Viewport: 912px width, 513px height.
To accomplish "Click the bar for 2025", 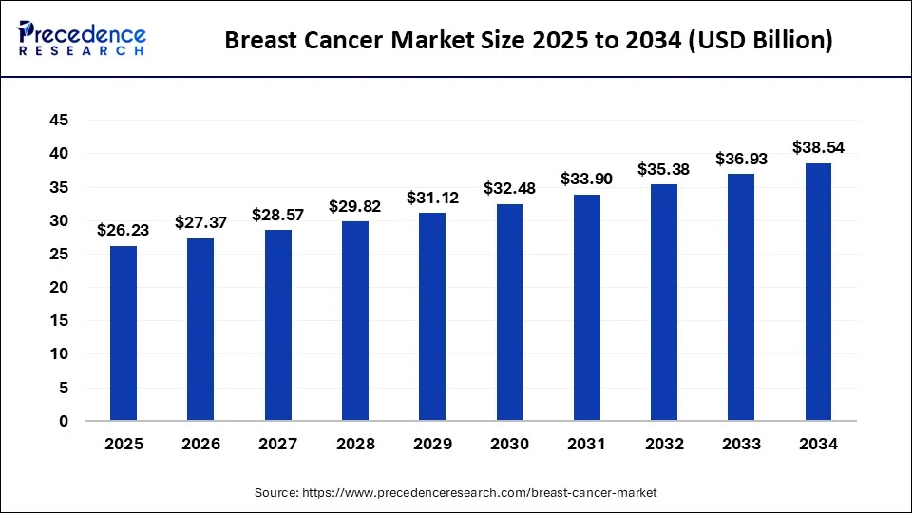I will (123, 332).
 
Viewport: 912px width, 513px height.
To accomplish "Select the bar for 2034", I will (818, 292).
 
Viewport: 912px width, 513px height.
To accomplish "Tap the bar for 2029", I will (432, 316).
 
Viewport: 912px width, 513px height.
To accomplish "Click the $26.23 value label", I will (123, 229).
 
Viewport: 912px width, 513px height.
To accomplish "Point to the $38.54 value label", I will (818, 147).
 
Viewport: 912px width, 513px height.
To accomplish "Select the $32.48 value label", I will (509, 188).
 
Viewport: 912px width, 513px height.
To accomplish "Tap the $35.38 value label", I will (664, 169).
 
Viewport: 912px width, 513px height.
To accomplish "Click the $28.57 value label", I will (277, 215).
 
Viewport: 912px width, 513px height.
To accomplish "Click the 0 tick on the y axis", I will (63, 421).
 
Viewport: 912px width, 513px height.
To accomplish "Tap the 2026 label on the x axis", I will (200, 444).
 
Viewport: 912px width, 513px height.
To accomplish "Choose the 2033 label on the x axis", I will (741, 444).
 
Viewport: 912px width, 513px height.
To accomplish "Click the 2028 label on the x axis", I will (355, 444).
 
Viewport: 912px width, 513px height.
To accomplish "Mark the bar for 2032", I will (664, 302).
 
